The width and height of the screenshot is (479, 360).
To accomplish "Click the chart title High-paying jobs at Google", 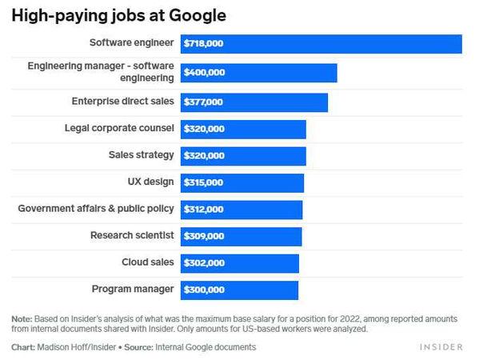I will [x=118, y=15].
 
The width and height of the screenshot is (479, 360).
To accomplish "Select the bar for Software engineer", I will [x=321, y=45].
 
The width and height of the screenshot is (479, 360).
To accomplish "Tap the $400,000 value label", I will [x=205, y=73].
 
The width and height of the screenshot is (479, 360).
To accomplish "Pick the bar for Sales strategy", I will [x=243, y=155].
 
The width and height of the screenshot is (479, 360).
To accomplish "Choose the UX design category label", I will [x=150, y=182].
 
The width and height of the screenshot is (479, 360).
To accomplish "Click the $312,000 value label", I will [x=204, y=210].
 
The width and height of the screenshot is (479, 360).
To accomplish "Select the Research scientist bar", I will [x=241, y=237].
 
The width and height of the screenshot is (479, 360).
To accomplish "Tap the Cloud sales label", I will [x=147, y=262].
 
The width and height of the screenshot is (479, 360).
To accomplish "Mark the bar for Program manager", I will [x=239, y=290].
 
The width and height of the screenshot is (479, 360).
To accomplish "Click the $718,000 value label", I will [x=204, y=45].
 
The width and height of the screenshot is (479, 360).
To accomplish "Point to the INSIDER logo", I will [x=441, y=347].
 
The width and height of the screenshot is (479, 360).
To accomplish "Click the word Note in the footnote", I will [x=22, y=318].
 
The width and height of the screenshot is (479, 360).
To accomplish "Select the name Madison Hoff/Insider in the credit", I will [x=77, y=347].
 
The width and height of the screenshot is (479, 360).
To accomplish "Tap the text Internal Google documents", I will [x=205, y=347].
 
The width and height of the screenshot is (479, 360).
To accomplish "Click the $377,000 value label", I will [x=204, y=102].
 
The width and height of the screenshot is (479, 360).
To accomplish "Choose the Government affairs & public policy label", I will [x=96, y=209].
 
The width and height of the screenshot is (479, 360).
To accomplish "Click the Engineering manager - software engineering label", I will [x=101, y=72].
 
